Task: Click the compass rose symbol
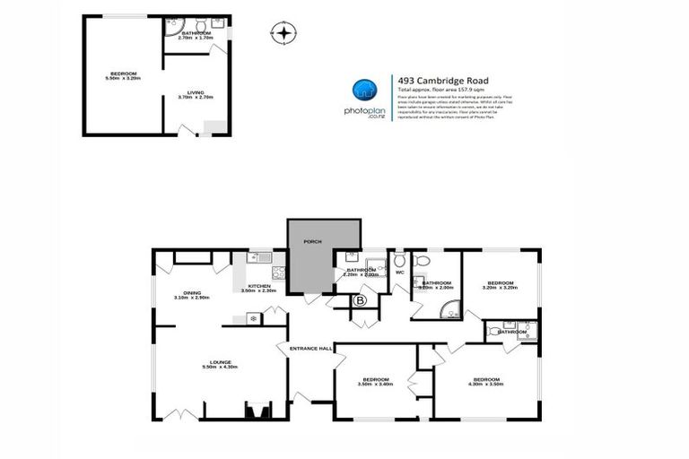coord(283,34)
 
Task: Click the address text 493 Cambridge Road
coord(432,79)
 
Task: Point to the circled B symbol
coord(361,301)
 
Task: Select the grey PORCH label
coord(312,241)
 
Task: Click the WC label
coord(400,272)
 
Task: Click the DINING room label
coord(192,292)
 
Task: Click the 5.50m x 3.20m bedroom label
coord(123,74)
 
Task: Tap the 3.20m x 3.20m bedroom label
coord(501,283)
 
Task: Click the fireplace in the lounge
coord(257,411)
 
